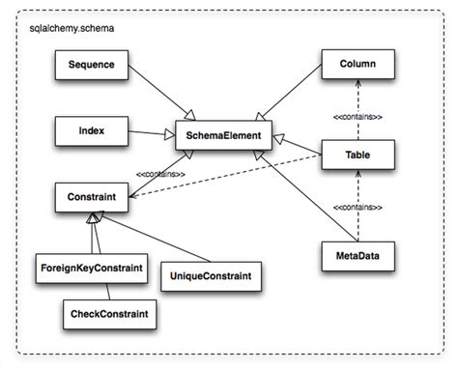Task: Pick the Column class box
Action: coord(358,66)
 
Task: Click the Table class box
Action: coord(358,154)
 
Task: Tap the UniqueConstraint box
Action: coord(208,276)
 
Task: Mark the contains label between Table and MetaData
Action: coord(358,208)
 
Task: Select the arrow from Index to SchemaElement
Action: coord(150,130)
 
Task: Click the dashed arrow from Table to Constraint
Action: coord(232,174)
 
